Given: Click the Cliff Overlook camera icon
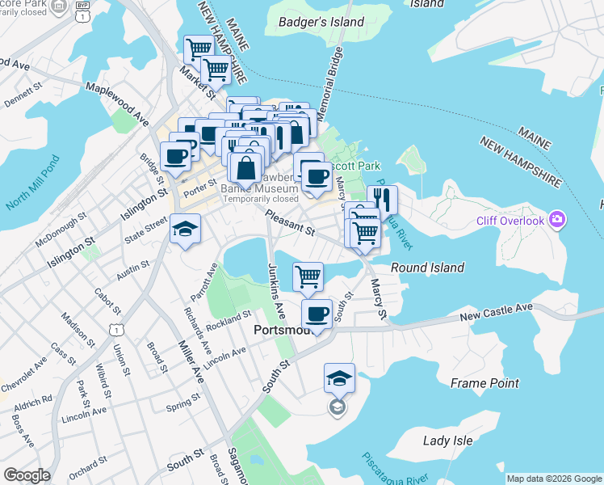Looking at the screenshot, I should [556, 219].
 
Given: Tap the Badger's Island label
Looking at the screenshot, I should [321, 22].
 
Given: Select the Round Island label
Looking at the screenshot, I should [427, 268].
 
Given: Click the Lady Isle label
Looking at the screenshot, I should [448, 441].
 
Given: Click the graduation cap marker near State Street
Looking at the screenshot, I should [185, 230].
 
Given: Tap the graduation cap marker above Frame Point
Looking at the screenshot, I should [339, 377].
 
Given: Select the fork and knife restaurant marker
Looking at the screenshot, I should [383, 199].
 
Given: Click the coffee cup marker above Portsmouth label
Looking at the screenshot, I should [317, 314].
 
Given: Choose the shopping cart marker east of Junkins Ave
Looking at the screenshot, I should [308, 277].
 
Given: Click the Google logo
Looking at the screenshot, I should [27, 475].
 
